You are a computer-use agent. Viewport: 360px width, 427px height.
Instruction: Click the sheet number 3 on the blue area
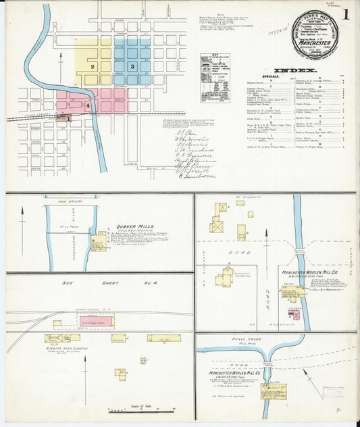point(132,66)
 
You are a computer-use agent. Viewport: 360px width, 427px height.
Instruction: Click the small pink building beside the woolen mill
point(294,315)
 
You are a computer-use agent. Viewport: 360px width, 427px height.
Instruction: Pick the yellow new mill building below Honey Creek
point(274,391)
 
